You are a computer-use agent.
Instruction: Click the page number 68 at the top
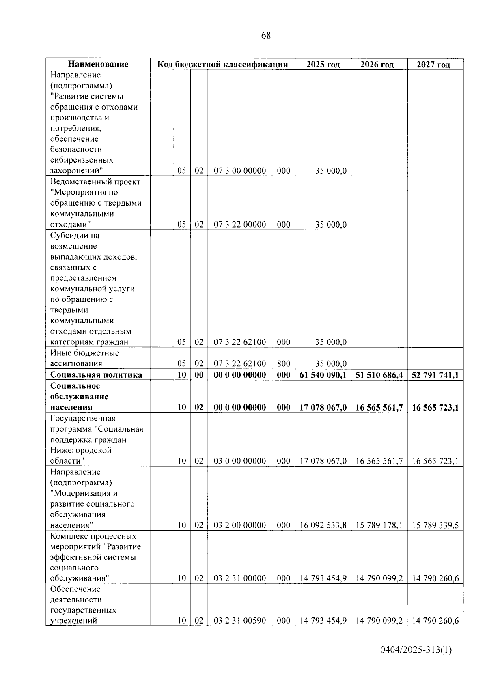tap(266, 36)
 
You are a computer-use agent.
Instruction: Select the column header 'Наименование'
tap(98, 64)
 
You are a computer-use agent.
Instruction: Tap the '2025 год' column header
tap(323, 64)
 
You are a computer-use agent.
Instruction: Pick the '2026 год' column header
tap(378, 64)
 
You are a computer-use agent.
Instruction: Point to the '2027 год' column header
tap(435, 64)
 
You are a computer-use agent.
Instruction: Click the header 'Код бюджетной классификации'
tap(222, 64)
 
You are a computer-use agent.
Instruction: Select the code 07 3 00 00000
tap(240, 171)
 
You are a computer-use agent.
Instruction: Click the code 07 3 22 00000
tap(240, 225)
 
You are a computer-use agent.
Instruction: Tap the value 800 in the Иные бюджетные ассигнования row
tap(284, 364)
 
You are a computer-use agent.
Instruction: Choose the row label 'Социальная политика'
tap(96, 375)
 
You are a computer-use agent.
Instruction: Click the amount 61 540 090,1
tap(323, 375)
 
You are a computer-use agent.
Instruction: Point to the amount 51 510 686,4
tap(379, 375)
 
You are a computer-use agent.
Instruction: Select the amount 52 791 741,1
tap(435, 375)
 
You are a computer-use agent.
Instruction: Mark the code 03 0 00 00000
tap(240, 461)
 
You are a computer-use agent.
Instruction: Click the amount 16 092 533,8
tap(323, 526)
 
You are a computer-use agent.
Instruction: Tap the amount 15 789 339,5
tap(435, 526)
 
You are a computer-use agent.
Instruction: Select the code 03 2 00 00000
tap(240, 526)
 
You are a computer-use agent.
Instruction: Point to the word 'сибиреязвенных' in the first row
tap(82, 160)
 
